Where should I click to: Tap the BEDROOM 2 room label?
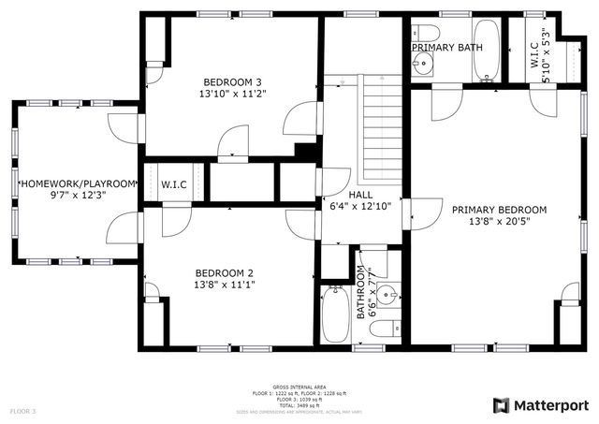pyautogui.click(x=225, y=271)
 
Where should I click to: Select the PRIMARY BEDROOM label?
pyautogui.click(x=499, y=210)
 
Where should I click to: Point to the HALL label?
pyautogui.click(x=360, y=194)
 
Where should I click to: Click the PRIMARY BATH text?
pyautogui.click(x=447, y=46)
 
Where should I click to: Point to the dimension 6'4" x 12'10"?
pyautogui.click(x=360, y=206)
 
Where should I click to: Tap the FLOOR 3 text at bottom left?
pyautogui.click(x=23, y=411)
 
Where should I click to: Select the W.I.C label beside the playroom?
pyautogui.click(x=174, y=184)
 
